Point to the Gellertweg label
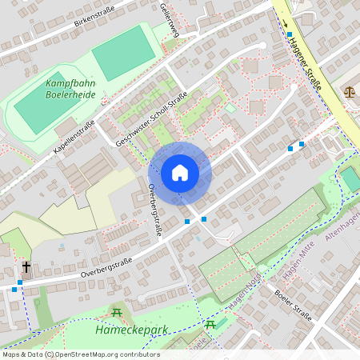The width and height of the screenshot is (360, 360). (x=170, y=17)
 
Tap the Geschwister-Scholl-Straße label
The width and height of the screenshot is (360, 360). (x=151, y=118)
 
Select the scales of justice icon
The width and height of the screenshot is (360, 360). (x=349, y=91)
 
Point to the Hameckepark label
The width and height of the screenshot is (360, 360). (x=124, y=330)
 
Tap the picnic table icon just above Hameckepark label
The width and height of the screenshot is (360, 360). (x=117, y=313)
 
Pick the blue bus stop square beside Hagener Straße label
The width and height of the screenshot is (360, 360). (x=290, y=34)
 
